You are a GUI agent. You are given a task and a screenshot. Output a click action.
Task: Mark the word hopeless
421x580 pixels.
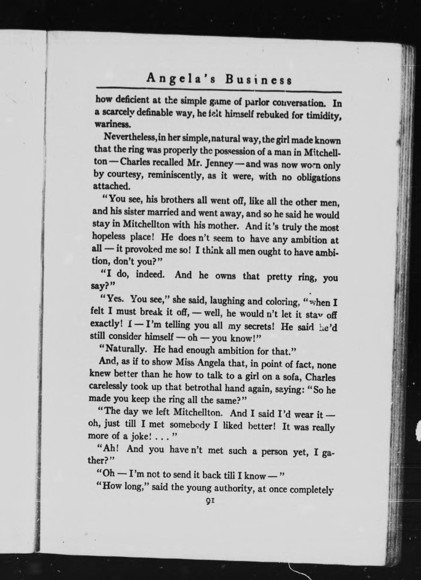(109, 236)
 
